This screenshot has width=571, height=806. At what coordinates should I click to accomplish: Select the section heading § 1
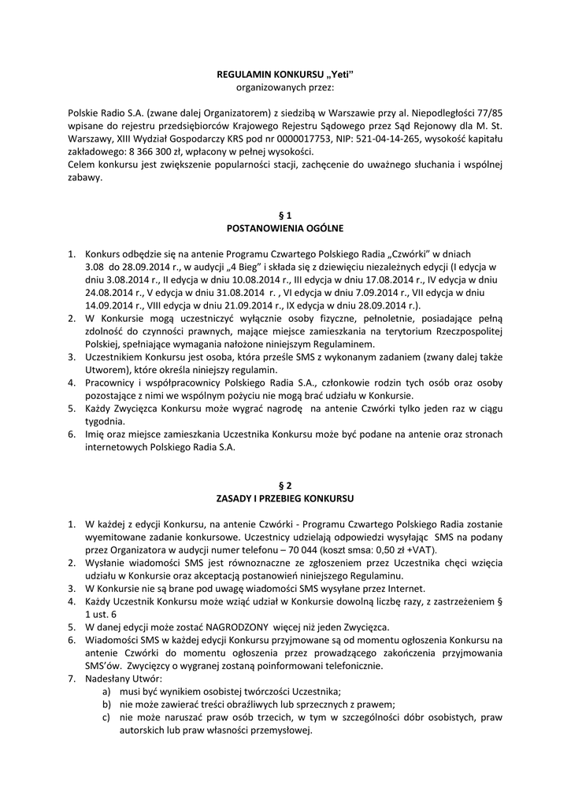(x=285, y=215)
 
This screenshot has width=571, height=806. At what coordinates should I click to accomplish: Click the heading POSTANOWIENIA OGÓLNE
(x=285, y=227)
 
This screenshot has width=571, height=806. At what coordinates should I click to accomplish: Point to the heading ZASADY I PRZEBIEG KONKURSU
(x=285, y=498)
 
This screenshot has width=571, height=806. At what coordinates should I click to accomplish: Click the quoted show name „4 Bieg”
(x=245, y=267)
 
